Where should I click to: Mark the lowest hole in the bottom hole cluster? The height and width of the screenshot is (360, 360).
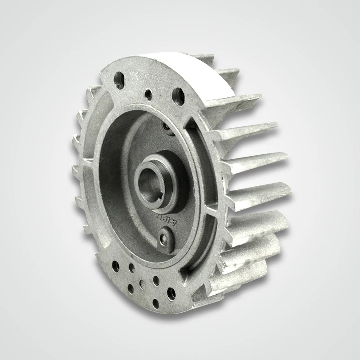pos(156,303)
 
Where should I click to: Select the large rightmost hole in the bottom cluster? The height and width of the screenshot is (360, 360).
pos(171,294)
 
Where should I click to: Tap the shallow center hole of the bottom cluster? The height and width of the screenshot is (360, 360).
pos(142,284)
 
